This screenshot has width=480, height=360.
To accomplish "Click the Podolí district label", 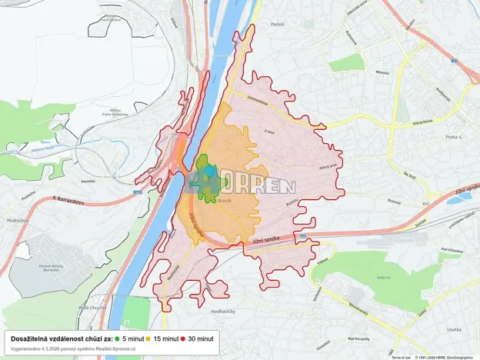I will (256, 25).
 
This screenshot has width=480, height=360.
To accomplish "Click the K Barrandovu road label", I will (68, 198).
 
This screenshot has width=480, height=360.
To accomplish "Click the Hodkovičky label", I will (222, 312).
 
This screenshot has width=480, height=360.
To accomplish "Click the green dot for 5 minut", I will (116, 338).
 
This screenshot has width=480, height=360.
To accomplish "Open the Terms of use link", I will (401, 357).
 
